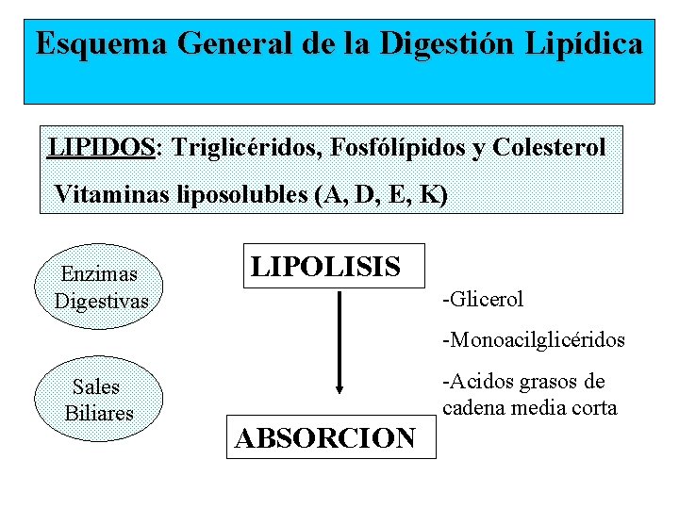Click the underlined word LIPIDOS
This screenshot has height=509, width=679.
101,147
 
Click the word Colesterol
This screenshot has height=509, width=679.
550,147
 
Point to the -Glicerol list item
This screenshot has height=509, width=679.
482,300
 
